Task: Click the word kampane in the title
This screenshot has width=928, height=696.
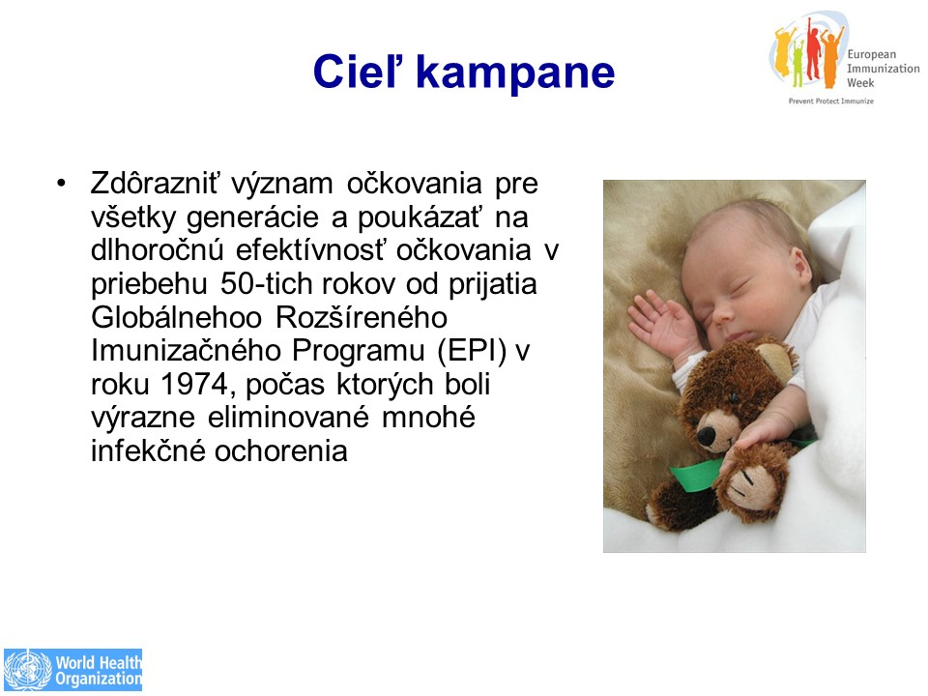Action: pyautogui.click(x=515, y=72)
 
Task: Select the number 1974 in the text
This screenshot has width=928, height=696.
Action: pyautogui.click(x=194, y=384)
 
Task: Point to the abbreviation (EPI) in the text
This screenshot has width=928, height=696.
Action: pyautogui.click(x=473, y=351)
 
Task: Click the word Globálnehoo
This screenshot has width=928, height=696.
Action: pyautogui.click(x=176, y=317)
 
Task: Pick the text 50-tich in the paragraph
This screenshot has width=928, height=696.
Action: pyautogui.click(x=265, y=283)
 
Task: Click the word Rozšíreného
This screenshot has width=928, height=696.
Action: pyautogui.click(x=362, y=317)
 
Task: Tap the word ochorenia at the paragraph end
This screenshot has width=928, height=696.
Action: pyautogui.click(x=280, y=451)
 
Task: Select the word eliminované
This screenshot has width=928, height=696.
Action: pyautogui.click(x=288, y=418)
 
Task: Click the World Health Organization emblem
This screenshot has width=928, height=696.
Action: pyautogui.click(x=28, y=670)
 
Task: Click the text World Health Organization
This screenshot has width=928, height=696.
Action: pyautogui.click(x=99, y=670)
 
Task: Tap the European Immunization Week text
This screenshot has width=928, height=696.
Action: pyautogui.click(x=883, y=69)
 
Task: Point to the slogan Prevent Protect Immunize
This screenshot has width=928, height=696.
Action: pyautogui.click(x=831, y=101)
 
